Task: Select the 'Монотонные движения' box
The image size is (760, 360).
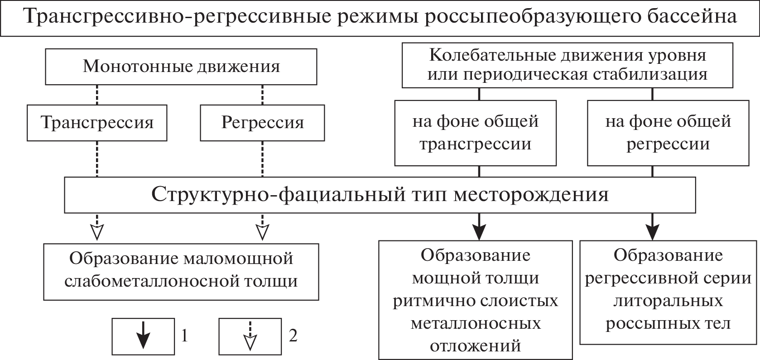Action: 182,67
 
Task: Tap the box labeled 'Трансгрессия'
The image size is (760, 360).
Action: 97,123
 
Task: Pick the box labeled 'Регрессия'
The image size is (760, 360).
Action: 262,123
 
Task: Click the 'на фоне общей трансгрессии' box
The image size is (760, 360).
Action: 475,133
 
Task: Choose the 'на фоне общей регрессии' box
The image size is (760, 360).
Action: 668,133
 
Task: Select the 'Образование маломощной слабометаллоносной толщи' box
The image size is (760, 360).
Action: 181,270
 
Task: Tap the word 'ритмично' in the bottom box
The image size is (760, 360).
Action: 433,301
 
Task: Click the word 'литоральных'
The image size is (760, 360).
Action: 668,301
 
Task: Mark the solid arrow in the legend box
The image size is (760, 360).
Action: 143,336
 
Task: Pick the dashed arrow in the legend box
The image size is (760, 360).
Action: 250,336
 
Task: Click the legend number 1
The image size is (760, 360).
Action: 184,336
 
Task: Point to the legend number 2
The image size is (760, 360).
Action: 293,336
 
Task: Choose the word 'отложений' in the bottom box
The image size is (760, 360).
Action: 475,346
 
